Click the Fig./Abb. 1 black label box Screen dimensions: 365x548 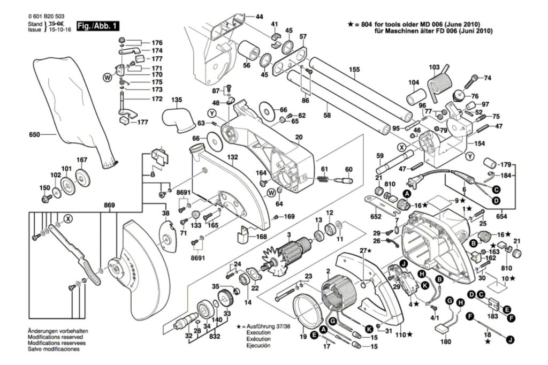(x=98, y=26)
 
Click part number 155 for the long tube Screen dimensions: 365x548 (x=354, y=69)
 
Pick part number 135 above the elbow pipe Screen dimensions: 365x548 (x=177, y=100)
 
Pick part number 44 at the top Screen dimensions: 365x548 (x=260, y=17)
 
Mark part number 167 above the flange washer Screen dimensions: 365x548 (x=81, y=159)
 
